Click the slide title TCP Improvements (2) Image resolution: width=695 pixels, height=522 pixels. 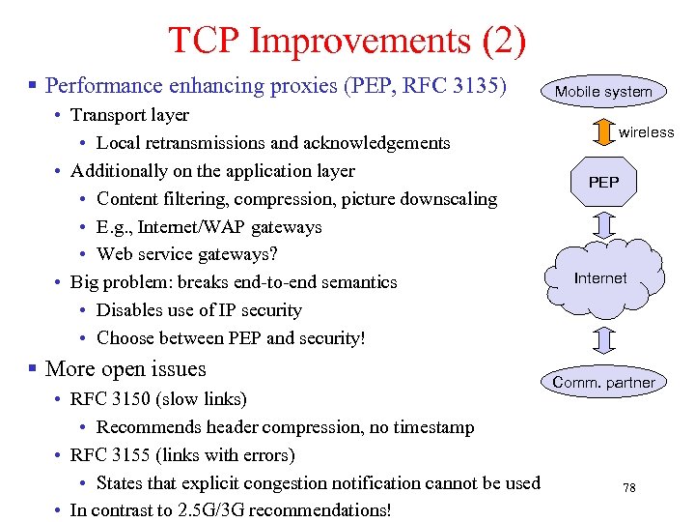point(347,40)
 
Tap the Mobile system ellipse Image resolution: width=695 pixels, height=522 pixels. point(603,92)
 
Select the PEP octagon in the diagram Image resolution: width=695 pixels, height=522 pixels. point(603,182)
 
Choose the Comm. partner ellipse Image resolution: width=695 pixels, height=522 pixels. point(603,382)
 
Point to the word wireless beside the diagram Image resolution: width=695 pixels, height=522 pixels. point(646,132)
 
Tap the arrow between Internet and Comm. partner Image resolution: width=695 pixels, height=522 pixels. point(603,339)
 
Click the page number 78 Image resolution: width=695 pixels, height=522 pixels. point(628,488)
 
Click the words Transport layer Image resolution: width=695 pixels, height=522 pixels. point(129,115)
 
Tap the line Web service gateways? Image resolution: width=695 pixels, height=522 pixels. point(186,255)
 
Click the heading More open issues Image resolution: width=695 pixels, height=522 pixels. point(125,369)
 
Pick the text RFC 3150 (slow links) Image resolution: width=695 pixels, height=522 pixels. point(158,399)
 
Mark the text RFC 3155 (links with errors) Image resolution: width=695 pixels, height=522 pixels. point(182,454)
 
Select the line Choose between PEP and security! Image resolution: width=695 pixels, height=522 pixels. point(231,338)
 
